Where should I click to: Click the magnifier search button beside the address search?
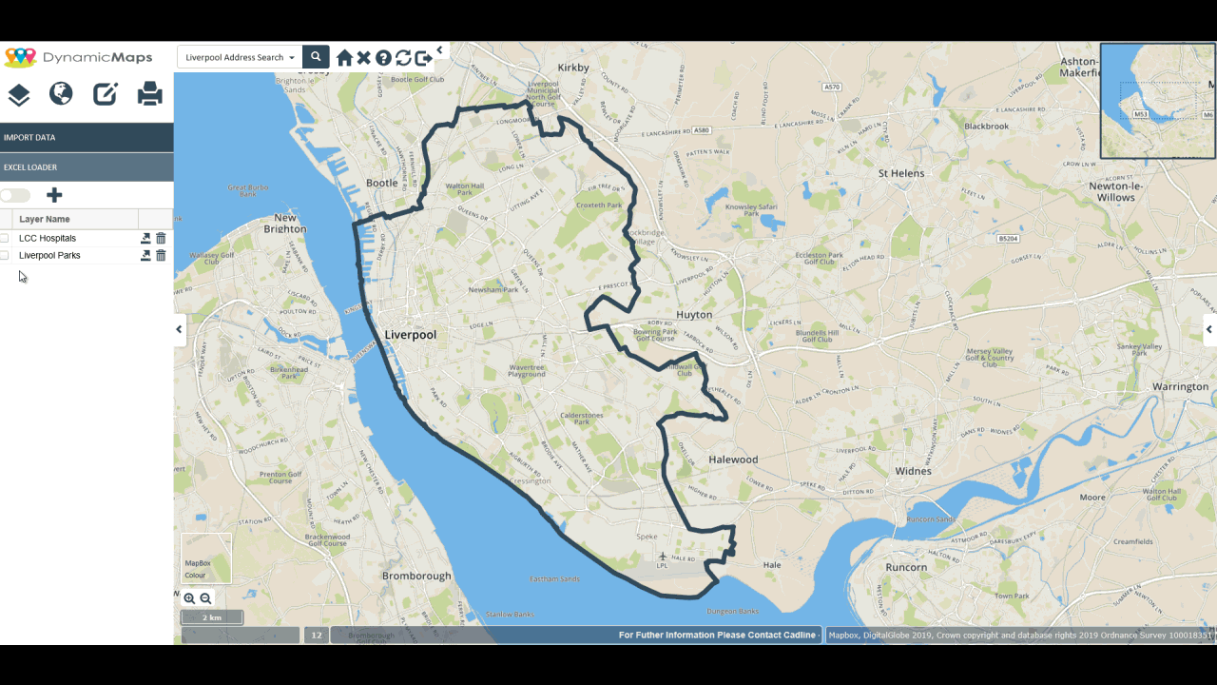click(316, 57)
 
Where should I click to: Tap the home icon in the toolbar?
click(344, 58)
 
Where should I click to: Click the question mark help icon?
click(383, 58)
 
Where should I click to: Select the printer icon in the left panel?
click(149, 93)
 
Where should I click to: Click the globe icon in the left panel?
click(61, 93)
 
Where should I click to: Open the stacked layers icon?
click(19, 94)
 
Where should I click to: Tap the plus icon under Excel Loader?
click(54, 195)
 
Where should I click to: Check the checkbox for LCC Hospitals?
click(5, 238)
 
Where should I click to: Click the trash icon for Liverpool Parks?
click(161, 255)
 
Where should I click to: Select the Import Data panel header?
click(87, 137)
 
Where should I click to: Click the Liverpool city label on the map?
click(411, 335)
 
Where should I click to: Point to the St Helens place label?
click(901, 173)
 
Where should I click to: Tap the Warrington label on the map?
click(1179, 387)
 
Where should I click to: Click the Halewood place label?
click(733, 460)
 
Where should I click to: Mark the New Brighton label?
click(285, 223)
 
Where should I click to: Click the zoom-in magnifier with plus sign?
click(189, 598)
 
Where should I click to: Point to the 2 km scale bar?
click(212, 617)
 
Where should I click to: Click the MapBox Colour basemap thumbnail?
click(206, 558)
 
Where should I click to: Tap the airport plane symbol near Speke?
click(663, 556)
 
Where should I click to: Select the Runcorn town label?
click(905, 567)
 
